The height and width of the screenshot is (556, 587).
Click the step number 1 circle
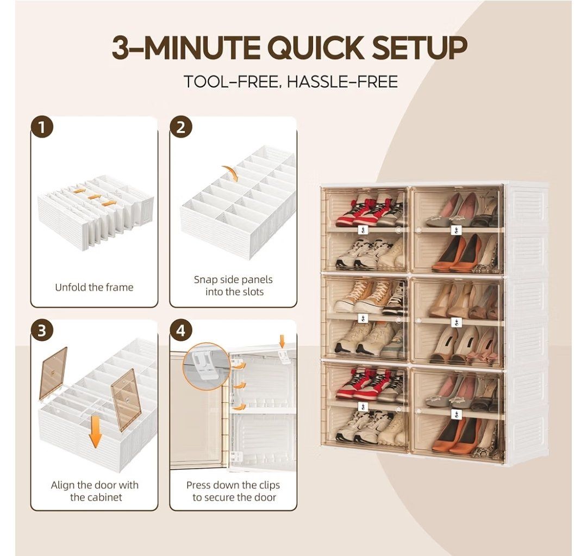tap(42, 128)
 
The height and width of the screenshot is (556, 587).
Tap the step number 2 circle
tap(181, 128)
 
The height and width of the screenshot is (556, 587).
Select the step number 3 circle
tap(42, 331)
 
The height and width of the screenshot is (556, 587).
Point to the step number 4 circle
tap(181, 331)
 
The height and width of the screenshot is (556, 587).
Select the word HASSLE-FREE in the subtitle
tap(342, 82)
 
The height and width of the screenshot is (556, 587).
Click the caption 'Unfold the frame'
tap(94, 287)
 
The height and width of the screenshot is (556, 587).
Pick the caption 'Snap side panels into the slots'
tap(233, 285)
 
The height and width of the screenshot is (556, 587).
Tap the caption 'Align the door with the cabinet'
tap(95, 491)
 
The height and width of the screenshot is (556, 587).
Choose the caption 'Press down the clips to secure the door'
tap(233, 491)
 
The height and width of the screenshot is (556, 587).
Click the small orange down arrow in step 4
tap(282, 341)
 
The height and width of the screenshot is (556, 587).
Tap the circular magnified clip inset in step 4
tap(207, 367)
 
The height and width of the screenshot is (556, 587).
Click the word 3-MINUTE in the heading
tap(185, 47)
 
